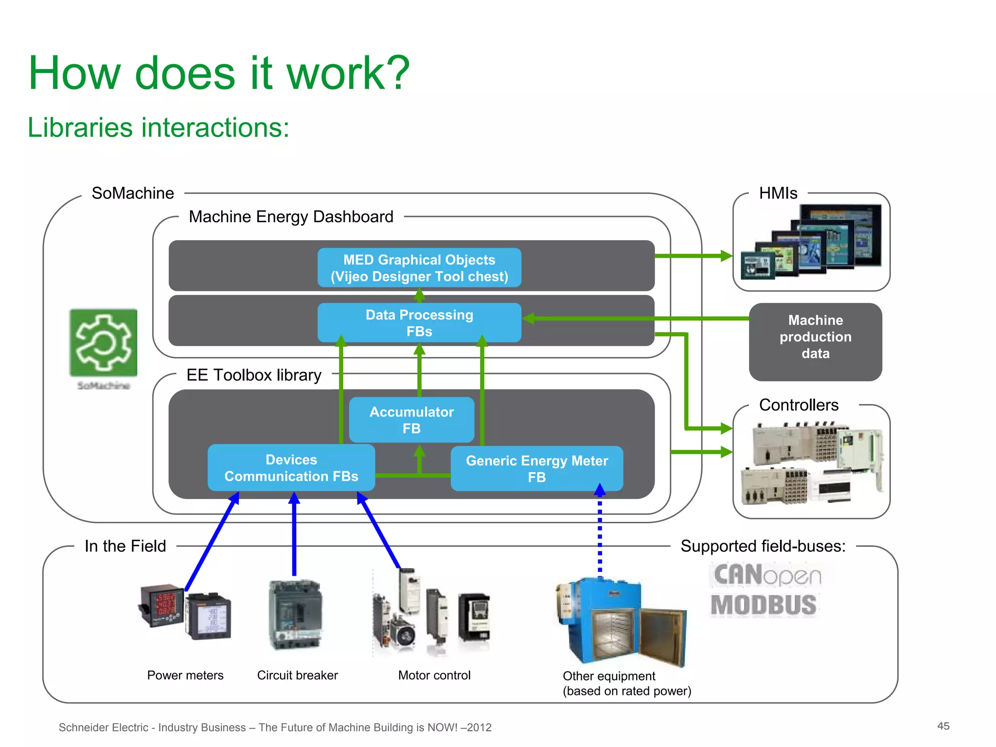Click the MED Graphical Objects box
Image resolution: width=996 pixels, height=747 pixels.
419,267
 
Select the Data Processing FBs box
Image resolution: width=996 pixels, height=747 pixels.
419,322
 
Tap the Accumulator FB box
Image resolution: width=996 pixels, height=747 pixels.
411,420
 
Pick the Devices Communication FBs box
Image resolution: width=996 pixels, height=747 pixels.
291,467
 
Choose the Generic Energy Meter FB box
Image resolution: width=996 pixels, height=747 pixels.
536,468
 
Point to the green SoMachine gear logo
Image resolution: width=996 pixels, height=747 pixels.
103,343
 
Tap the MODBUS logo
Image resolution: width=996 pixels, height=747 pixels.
764,605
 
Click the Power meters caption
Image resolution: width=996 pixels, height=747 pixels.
185,675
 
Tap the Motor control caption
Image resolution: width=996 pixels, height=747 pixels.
434,675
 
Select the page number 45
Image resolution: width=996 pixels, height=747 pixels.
943,726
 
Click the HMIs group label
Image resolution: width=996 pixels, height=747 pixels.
778,193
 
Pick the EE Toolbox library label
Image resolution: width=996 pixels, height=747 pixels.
254,375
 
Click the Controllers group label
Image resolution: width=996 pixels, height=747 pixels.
799,405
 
